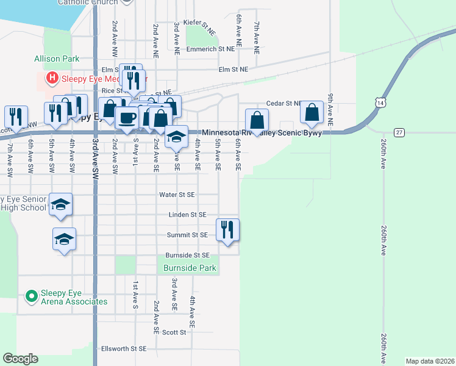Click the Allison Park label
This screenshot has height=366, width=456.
[x=57, y=59]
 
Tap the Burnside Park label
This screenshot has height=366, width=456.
[x=190, y=267]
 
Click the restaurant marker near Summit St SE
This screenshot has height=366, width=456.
[x=227, y=230]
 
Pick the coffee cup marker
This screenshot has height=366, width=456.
[x=127, y=118]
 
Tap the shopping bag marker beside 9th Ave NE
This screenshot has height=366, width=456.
[x=312, y=112]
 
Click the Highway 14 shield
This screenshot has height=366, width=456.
[x=380, y=104]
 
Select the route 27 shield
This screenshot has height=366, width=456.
[x=399, y=132]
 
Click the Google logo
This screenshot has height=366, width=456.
[x=20, y=359]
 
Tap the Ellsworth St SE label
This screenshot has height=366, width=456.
[x=124, y=348]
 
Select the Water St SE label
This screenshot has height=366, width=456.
[x=177, y=195]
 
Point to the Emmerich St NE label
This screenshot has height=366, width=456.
[x=210, y=49]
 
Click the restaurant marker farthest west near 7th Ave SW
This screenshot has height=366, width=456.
[x=16, y=117]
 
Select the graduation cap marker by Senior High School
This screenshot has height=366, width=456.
[x=61, y=204]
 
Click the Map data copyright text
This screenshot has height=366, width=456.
[x=429, y=361]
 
